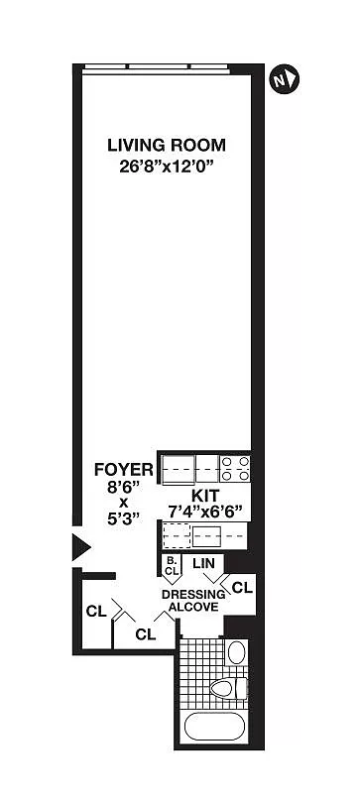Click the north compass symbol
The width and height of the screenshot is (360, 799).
pos(284,81)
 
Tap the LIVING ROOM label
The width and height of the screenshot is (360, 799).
pos(167,145)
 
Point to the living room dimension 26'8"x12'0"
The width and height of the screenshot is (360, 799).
pos(167,167)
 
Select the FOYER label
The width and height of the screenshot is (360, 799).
pos(124,469)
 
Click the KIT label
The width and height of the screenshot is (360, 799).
pos(205,496)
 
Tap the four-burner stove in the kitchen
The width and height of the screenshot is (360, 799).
pos(235,469)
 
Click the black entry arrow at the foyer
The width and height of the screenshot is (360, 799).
pos(80,548)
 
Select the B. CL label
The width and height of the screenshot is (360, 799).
pos(172,567)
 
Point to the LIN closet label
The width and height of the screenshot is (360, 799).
pos(208,564)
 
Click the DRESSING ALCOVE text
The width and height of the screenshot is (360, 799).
pos(193,601)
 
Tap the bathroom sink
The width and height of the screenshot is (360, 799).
pos(236,652)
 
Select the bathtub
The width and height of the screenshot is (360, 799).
pos(214,726)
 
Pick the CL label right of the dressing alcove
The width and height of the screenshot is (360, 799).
pos(242,588)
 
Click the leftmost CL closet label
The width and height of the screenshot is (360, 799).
pos(96,612)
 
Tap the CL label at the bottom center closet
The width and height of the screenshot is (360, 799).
pos(146,634)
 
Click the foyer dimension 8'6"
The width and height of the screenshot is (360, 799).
pos(123,487)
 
